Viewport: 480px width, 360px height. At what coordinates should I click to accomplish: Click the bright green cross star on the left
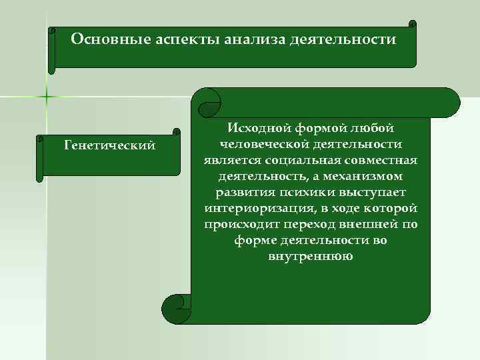pos(47,97)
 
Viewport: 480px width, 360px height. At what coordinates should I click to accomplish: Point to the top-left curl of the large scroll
pos(209,100)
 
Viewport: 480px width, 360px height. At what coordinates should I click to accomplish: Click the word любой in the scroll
pos(372,127)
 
